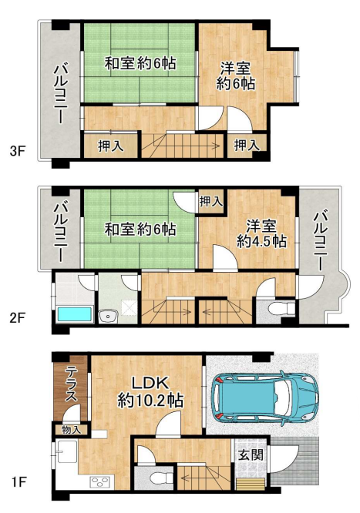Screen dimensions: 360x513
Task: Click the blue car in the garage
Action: (x=265, y=398)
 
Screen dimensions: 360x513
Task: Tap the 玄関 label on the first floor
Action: (x=251, y=454)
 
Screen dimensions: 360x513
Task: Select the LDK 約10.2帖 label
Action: (x=150, y=391)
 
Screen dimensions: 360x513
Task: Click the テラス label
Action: (x=71, y=384)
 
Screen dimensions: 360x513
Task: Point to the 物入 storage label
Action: (x=71, y=430)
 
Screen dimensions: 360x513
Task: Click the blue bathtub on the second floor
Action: (x=75, y=315)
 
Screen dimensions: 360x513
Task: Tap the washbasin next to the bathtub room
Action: (x=108, y=317)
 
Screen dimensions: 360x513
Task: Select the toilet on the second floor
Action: (x=281, y=308)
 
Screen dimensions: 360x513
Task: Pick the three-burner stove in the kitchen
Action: (x=101, y=482)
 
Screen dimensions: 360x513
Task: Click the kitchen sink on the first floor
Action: (x=67, y=452)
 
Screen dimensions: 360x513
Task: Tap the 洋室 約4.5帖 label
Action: (x=261, y=233)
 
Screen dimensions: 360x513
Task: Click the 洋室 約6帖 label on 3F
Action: (x=236, y=76)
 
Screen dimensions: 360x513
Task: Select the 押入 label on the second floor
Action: (x=211, y=202)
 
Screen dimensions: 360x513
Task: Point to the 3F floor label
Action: (x=18, y=151)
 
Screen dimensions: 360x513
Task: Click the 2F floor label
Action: (x=18, y=317)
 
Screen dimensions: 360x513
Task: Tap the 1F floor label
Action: (x=19, y=482)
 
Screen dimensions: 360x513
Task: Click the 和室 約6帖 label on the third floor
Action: (x=140, y=63)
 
